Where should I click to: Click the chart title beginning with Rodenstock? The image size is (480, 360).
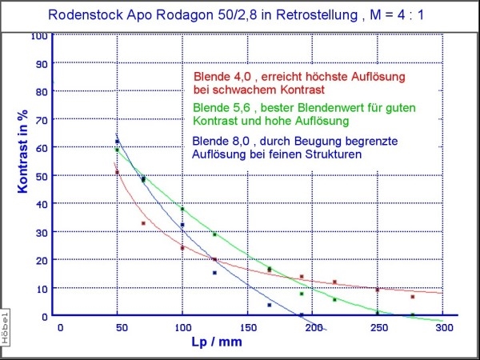coord(239,14)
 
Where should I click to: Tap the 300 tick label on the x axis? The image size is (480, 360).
coord(442,327)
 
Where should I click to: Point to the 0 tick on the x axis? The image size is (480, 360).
coord(59,327)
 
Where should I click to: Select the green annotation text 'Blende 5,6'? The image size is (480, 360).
coord(220,107)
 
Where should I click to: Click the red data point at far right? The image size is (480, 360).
coord(412,296)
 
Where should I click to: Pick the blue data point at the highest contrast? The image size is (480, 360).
coord(117,142)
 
